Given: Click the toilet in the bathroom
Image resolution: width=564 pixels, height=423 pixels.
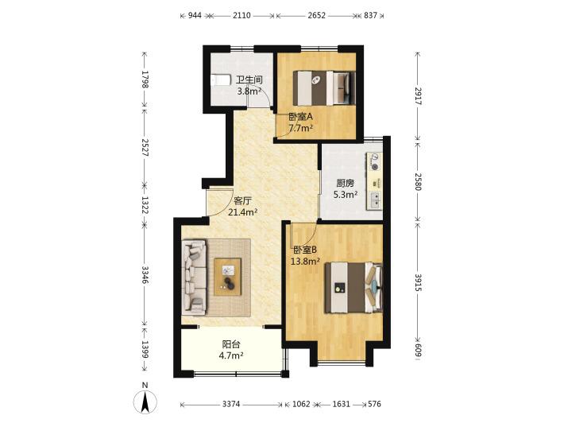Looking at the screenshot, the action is (221, 80).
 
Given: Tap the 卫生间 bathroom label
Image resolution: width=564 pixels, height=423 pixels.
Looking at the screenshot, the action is (249, 80).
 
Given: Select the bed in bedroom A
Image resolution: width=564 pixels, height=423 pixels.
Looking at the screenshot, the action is (324, 88).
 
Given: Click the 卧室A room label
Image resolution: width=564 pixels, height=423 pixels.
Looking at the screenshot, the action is (301, 117).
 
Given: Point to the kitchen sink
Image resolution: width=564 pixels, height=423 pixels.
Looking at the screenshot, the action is (374, 200).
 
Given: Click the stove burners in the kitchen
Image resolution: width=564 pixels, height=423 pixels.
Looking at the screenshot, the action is (374, 161).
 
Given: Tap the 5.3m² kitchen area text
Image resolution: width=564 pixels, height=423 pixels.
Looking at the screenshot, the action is (346, 195).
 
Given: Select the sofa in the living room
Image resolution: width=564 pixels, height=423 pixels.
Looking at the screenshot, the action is (195, 276).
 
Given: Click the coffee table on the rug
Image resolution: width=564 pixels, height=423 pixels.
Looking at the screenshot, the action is (227, 277).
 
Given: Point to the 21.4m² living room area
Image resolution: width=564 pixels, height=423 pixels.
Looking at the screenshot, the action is (243, 212).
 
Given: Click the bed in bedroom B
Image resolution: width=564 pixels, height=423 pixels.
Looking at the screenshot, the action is (353, 287).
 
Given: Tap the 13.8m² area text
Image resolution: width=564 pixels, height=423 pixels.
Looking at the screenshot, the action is (305, 262).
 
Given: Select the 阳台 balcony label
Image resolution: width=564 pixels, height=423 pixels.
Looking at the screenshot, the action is (231, 344).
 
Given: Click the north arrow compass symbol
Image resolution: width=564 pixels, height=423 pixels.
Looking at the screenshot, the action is (145, 401).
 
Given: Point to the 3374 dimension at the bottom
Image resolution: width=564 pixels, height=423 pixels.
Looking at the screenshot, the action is (231, 404).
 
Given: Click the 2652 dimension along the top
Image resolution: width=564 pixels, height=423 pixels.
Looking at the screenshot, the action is (316, 15).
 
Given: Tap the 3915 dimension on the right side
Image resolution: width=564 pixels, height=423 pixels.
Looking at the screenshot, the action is (418, 282).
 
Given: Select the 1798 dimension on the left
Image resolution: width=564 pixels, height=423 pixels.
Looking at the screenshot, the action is (145, 80).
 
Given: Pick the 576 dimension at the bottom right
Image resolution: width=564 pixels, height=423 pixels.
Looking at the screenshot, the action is (374, 404).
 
